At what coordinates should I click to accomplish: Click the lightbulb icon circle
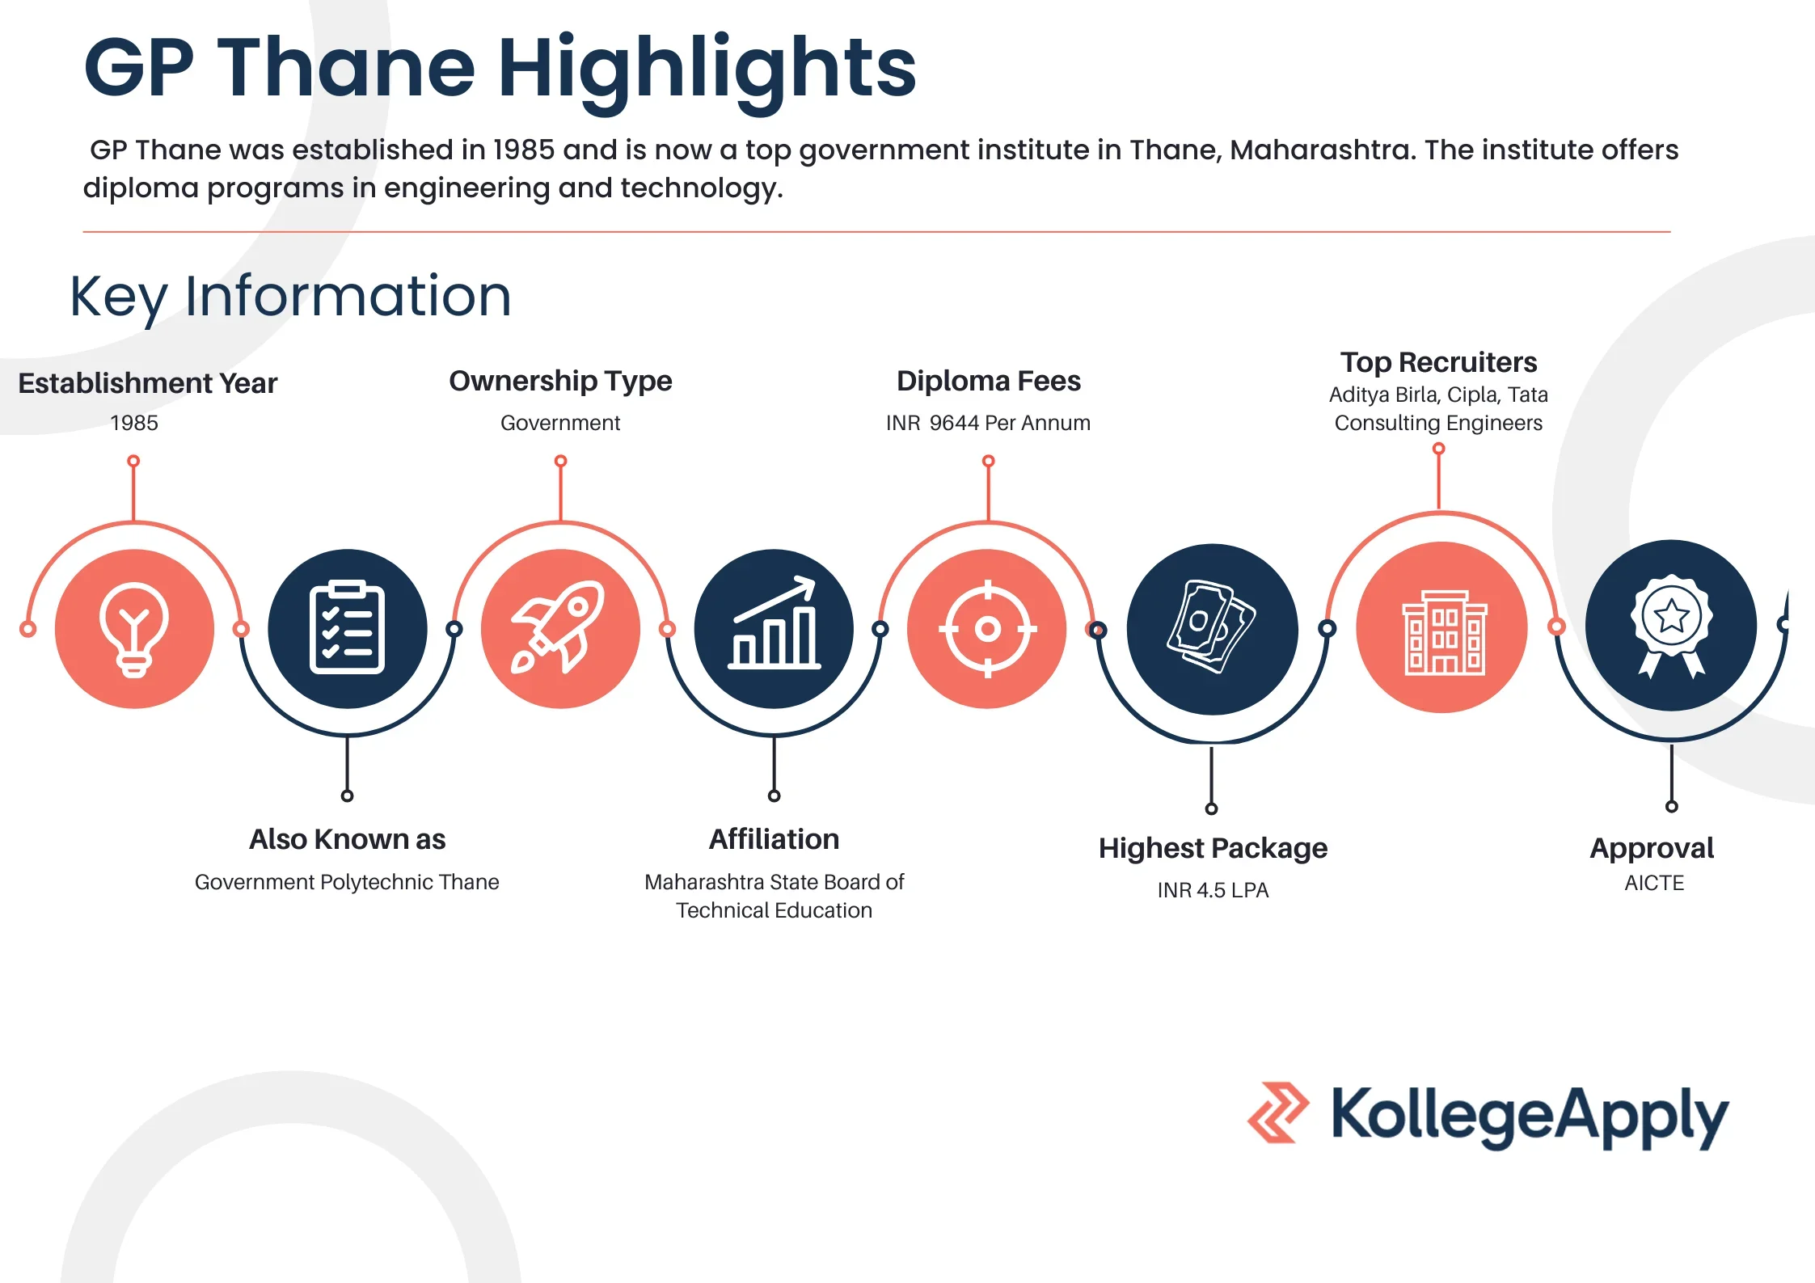pos(134,628)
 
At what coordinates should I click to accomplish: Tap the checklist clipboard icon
pos(347,628)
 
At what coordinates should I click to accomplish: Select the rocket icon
pos(559,628)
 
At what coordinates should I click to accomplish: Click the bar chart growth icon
pos(774,628)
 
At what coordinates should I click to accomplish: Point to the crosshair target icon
pos(987,628)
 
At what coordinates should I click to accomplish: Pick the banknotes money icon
pos(1211,628)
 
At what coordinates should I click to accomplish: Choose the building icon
pos(1441,628)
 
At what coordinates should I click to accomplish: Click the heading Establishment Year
pos(147,383)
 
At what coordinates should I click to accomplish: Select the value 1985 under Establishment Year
pos(134,423)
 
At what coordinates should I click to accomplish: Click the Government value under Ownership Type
pos(560,423)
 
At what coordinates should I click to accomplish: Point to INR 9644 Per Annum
pos(988,423)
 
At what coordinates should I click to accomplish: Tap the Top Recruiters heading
pos(1438,362)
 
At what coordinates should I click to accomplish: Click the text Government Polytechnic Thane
pos(347,882)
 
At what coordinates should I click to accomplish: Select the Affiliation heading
pos(774,839)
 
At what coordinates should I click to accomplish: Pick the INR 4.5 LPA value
pos(1213,890)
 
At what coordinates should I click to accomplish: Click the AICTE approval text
pos(1654,883)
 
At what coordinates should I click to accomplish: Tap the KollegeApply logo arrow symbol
pos(1277,1113)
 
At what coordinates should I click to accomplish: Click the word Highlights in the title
pos(707,69)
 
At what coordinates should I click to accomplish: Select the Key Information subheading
pos(290,296)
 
